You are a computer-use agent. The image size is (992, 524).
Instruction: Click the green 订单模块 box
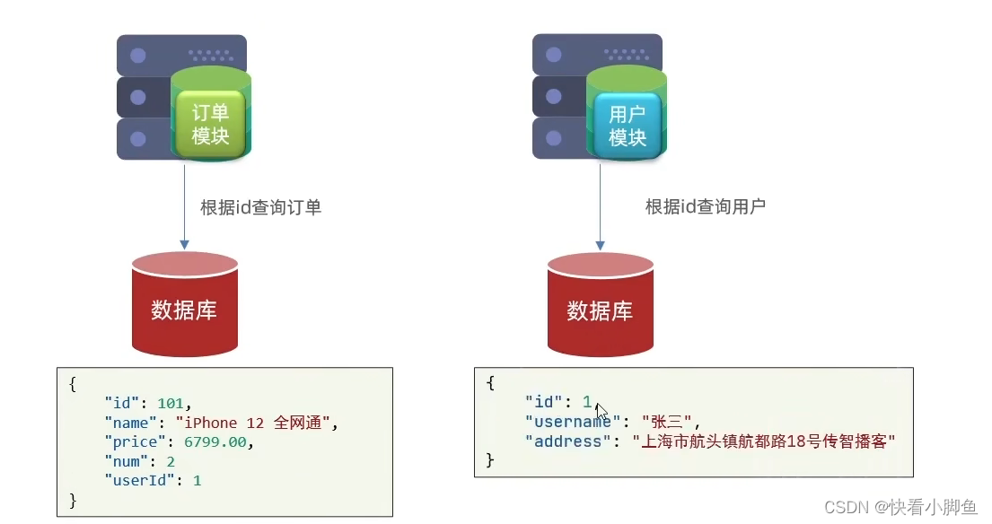click(211, 123)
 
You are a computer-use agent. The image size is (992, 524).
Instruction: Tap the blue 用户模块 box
click(628, 125)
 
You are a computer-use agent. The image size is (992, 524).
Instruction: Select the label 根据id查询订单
click(260, 207)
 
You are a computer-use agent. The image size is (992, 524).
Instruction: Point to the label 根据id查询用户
click(706, 206)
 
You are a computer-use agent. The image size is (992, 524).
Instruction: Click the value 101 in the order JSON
click(176, 403)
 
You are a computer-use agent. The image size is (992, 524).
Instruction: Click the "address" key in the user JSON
click(566, 441)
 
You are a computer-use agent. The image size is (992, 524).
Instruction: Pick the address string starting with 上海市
click(765, 441)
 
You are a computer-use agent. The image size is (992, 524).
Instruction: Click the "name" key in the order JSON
click(131, 423)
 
